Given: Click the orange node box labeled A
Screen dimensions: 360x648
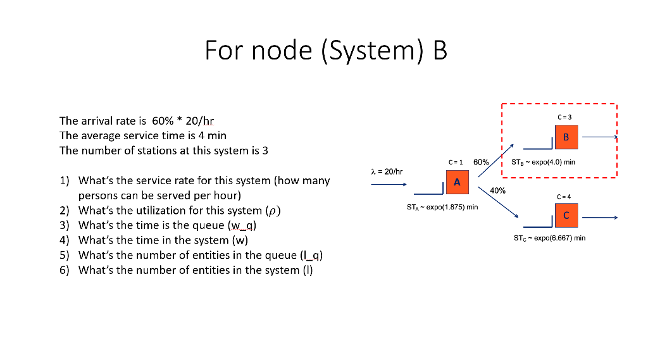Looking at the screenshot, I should [457, 182].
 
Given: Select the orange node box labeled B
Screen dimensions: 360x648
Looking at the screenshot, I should [566, 137].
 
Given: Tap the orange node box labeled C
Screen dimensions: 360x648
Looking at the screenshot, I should [566, 216].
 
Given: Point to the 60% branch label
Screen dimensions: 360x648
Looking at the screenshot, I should [481, 162].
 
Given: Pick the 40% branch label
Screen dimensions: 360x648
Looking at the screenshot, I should [497, 190].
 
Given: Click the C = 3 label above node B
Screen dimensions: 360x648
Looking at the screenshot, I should [564, 117].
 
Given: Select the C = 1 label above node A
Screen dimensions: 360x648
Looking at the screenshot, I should [456, 162].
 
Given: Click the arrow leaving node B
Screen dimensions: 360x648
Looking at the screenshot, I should [599, 137].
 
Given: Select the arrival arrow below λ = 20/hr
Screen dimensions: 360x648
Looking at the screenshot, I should [388, 185].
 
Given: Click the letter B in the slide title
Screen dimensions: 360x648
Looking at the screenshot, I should [439, 50].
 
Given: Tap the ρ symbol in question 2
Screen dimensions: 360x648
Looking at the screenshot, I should [274, 211].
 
